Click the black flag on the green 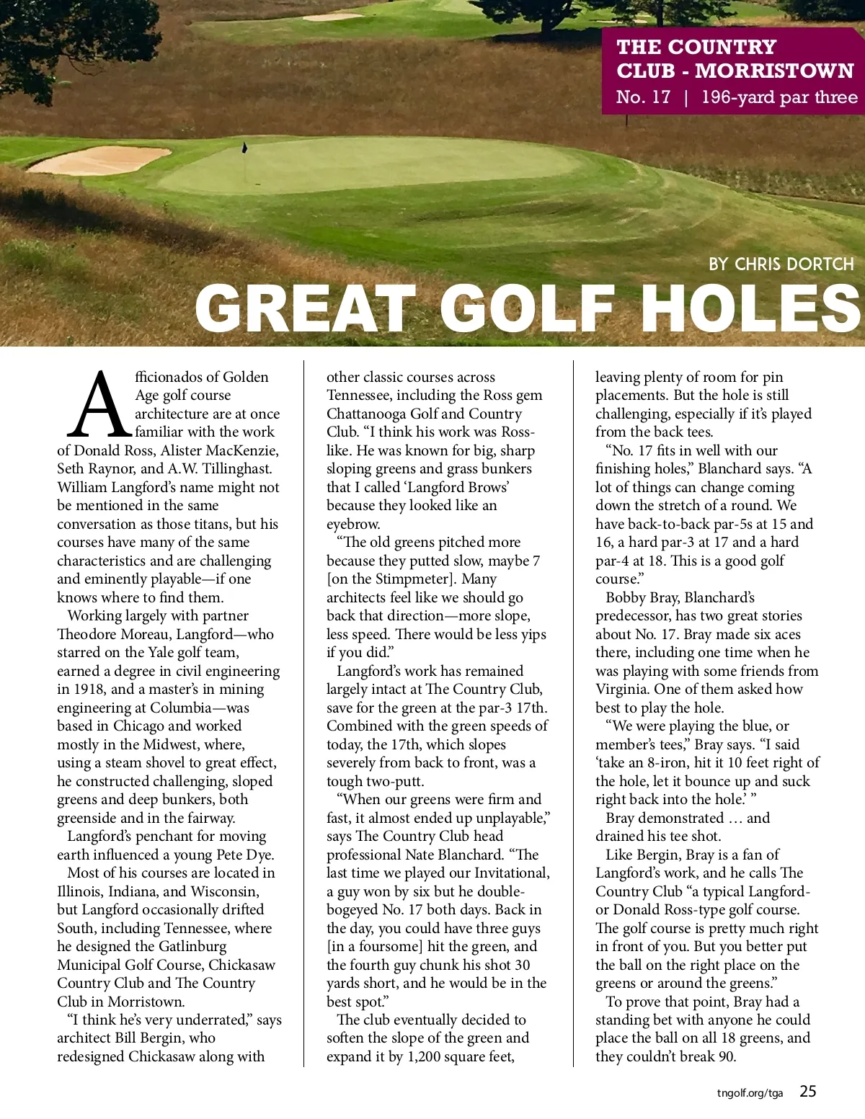pos(244,148)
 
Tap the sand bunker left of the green pos(99,160)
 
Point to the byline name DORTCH pos(818,264)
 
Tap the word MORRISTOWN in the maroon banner pos(774,71)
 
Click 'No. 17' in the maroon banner pos(643,97)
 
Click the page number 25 pos(808,1092)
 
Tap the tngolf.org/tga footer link pos(750,1093)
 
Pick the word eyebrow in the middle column pos(353,524)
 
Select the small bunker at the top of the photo pos(333,17)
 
